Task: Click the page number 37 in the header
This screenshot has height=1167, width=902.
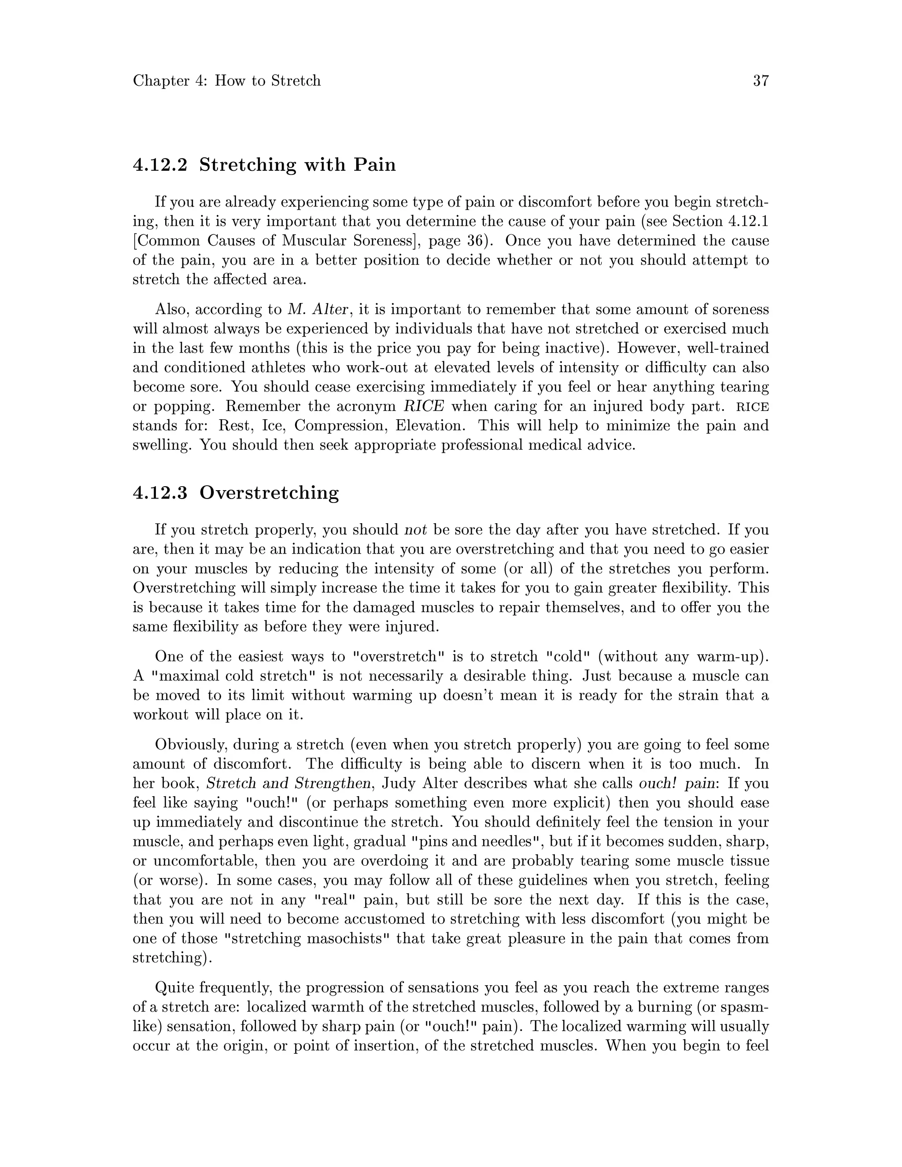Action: (x=760, y=81)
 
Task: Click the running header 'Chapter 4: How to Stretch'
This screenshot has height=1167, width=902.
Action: (x=226, y=81)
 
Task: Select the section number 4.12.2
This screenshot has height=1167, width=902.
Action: (x=160, y=165)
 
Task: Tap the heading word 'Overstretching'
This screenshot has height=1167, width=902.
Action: (x=269, y=493)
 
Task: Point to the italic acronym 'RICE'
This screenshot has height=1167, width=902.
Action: (x=424, y=406)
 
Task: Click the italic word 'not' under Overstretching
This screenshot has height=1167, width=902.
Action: (x=416, y=530)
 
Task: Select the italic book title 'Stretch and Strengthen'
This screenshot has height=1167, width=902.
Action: (x=288, y=783)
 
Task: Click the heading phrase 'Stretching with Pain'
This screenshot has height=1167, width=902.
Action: (x=298, y=165)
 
